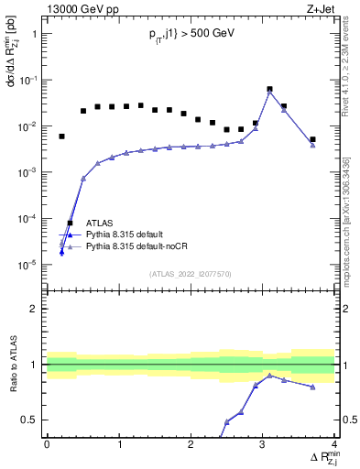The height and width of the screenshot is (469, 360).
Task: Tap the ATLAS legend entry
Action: [x=100, y=223]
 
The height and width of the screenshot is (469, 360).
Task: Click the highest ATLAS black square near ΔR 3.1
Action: [x=269, y=90]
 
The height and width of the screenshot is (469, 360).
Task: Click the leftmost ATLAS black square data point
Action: [x=61, y=136]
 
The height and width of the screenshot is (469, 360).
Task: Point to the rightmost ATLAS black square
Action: [x=312, y=139]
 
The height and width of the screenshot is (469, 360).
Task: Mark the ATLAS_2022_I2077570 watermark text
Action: [x=191, y=274]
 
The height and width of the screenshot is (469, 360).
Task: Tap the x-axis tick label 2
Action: [x=191, y=444]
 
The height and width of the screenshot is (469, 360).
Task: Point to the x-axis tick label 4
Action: [x=334, y=444]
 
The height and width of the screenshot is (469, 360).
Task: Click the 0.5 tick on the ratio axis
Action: [x=34, y=420]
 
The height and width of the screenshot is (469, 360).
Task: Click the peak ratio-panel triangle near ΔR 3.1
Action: [x=269, y=376]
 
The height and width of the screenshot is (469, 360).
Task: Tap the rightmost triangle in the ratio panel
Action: [x=312, y=387]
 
